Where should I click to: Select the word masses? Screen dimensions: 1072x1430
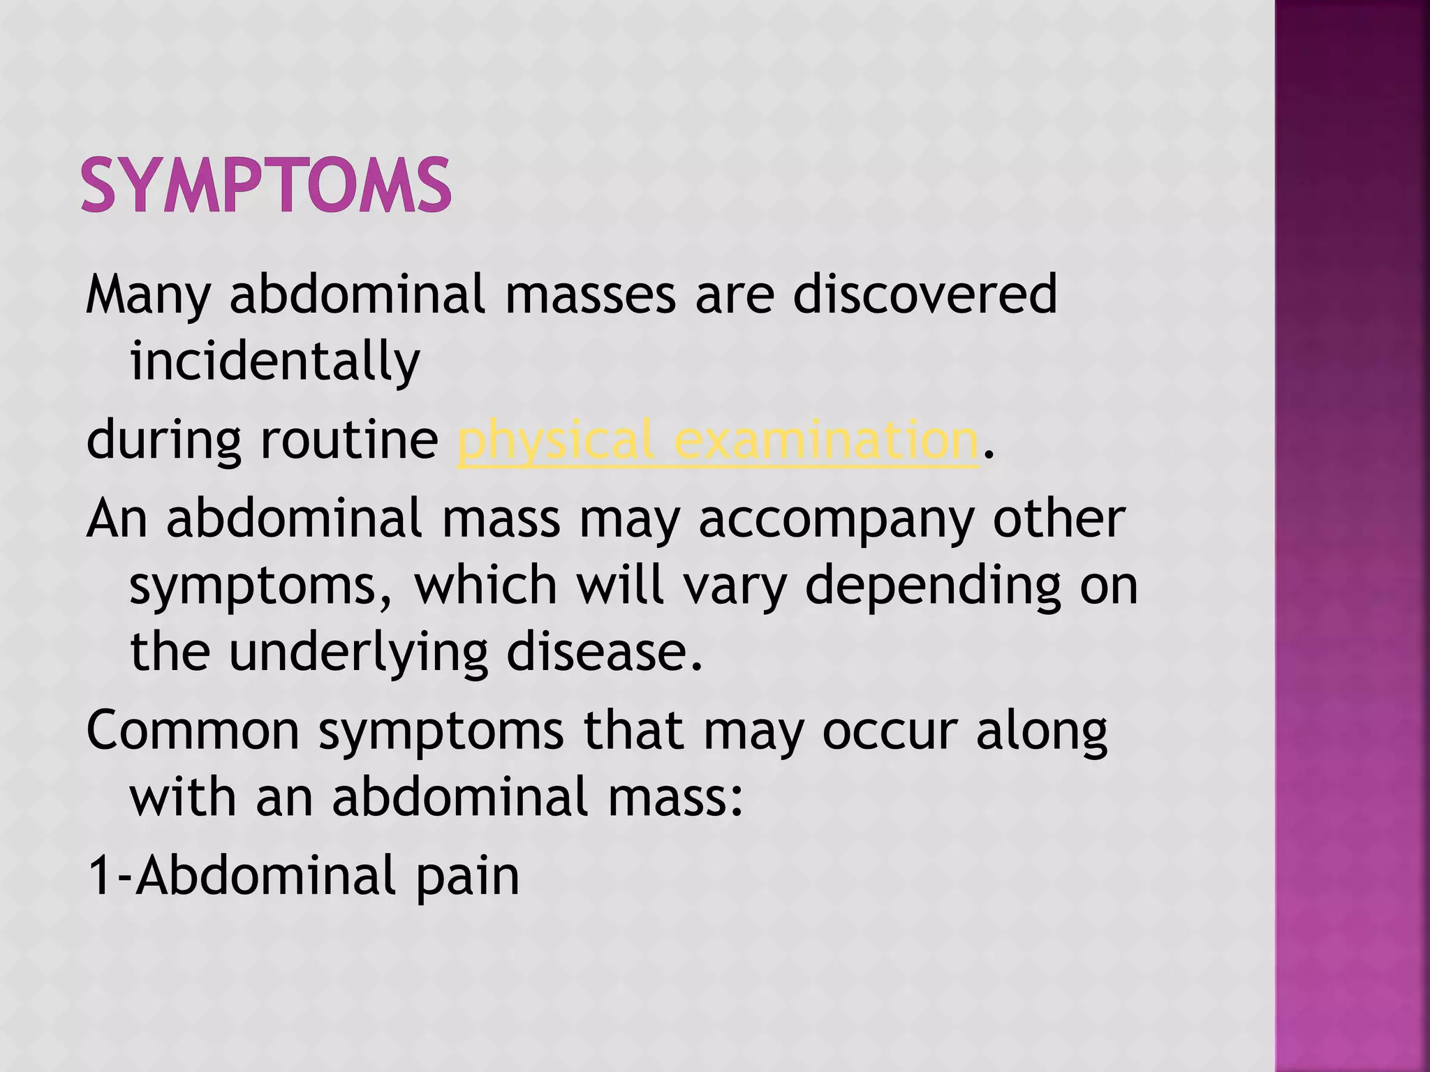pyautogui.click(x=590, y=294)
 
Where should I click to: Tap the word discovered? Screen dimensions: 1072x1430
pyautogui.click(x=924, y=294)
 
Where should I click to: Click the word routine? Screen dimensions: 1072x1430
pyautogui.click(x=349, y=440)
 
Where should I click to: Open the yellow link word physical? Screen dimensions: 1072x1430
pyautogui.click(x=555, y=440)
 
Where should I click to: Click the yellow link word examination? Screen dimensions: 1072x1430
pyautogui.click(x=827, y=440)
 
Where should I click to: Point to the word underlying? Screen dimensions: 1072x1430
pyautogui.click(x=358, y=653)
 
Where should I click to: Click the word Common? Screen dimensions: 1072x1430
pyautogui.click(x=193, y=731)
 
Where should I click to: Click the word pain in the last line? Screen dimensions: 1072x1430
pyautogui.click(x=467, y=875)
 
